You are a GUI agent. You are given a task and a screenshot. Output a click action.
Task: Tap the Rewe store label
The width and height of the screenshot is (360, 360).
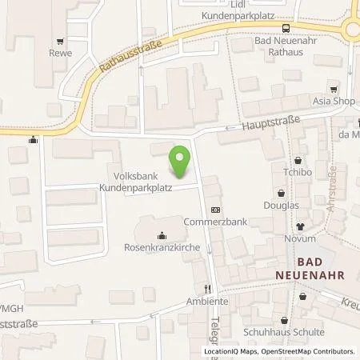point(60,54)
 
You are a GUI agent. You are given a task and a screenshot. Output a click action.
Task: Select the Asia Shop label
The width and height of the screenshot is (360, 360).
point(327,90)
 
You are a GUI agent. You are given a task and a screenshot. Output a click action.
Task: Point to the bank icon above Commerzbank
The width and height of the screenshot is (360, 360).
point(214,210)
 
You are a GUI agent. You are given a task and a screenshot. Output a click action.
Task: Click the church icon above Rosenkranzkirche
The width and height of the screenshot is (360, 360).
point(162,234)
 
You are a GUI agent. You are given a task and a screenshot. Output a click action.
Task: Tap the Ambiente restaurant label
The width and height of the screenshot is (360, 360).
point(207,302)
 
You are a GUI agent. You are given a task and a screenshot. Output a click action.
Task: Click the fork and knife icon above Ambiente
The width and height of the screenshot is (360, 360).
point(207,288)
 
